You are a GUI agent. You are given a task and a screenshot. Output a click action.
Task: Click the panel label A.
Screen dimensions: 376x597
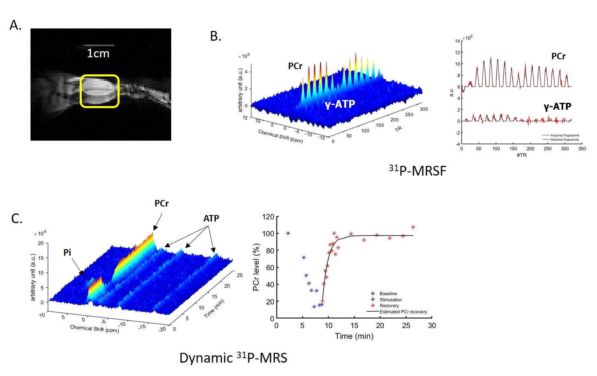pos(15,25)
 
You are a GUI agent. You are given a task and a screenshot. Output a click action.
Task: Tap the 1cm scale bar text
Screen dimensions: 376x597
pos(98,54)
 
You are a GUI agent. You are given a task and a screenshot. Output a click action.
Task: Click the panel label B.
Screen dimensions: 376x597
pos(216,37)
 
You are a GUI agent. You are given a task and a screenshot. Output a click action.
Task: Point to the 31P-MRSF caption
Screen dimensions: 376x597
pos(417,170)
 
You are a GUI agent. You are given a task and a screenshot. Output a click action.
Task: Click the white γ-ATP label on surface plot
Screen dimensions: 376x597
pos(340,104)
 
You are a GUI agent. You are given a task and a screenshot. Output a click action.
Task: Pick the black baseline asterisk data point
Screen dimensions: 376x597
pos(288,233)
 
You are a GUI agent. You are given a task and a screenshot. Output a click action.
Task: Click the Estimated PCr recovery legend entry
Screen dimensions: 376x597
pos(403,312)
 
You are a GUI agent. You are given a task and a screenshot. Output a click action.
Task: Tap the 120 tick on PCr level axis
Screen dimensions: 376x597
pos(268,217)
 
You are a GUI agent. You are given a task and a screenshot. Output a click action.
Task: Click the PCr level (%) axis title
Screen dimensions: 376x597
pos(256,267)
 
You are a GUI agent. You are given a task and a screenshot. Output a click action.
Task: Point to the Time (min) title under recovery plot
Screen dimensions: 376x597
pos(354,336)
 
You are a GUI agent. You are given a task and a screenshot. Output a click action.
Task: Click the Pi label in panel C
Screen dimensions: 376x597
pos(67,252)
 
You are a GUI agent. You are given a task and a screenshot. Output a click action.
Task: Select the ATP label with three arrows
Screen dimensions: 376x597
pos(211,218)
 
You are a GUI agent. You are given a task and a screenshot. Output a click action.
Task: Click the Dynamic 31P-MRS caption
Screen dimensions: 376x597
pos(233,358)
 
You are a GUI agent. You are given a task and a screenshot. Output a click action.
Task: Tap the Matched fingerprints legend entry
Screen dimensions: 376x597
pos(564,139)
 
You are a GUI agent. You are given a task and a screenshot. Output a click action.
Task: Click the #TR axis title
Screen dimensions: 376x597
pos(521,155)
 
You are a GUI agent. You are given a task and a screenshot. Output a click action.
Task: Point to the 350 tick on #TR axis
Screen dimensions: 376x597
pos(582,149)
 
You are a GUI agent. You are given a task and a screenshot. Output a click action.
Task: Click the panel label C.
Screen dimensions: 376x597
pos(17,219)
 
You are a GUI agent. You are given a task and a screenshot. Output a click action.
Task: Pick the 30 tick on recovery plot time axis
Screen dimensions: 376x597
pos(431,326)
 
